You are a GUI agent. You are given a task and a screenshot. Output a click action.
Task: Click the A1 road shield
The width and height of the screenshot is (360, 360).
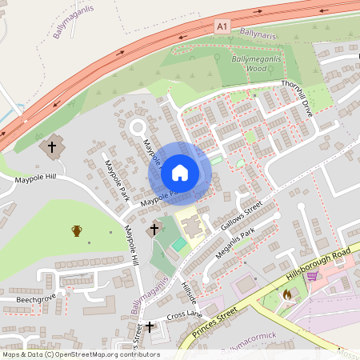222,26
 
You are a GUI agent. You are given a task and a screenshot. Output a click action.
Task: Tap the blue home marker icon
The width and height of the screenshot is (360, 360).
180,173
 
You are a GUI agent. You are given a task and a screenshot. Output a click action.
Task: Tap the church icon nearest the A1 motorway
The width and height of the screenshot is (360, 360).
53,146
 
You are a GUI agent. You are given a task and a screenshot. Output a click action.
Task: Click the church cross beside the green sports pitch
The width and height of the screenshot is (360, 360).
153,230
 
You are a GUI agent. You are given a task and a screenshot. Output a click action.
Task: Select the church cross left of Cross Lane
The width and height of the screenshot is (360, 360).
150,326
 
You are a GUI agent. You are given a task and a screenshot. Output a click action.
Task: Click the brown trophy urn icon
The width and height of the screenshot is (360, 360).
77,230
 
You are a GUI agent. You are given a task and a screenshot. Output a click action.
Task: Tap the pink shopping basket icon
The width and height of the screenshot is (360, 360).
312,276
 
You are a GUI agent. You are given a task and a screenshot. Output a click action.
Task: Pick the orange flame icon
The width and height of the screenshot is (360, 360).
287,294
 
